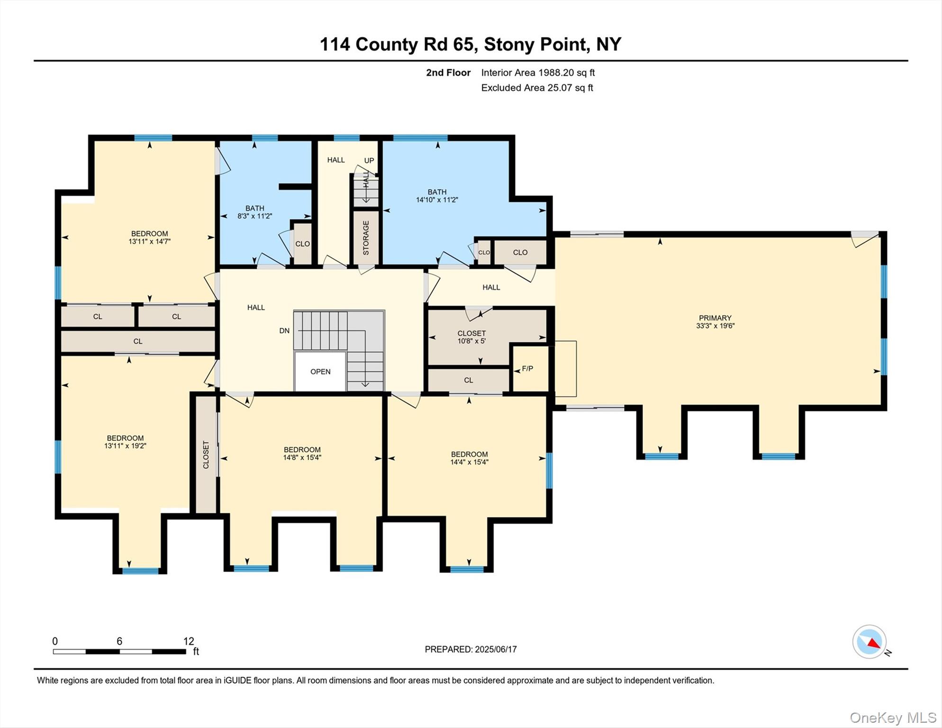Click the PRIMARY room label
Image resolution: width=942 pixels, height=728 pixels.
[x=715, y=318]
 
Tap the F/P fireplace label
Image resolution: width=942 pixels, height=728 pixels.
[x=527, y=369]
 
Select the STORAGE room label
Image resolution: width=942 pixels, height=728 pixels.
[x=366, y=238]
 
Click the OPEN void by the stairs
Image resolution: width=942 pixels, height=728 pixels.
[x=320, y=372]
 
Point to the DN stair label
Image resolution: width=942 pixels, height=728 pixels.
[x=284, y=331]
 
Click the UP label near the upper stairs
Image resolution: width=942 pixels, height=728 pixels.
[x=369, y=160]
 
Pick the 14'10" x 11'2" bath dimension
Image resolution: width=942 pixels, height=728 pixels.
[x=437, y=200]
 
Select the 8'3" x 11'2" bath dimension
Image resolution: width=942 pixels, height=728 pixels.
[x=254, y=216]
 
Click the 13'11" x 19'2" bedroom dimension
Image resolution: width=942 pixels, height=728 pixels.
[x=125, y=446]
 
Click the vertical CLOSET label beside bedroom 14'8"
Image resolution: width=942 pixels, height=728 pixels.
[x=206, y=455]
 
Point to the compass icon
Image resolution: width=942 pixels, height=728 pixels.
[x=870, y=642]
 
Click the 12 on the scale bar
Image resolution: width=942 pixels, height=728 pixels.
[x=189, y=641]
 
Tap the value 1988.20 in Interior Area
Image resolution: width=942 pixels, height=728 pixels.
[x=556, y=73]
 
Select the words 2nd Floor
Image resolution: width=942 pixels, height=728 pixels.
[x=448, y=73]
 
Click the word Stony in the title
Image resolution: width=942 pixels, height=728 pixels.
[x=510, y=44]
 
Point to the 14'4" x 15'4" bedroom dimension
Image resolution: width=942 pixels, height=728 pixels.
[x=469, y=462]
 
